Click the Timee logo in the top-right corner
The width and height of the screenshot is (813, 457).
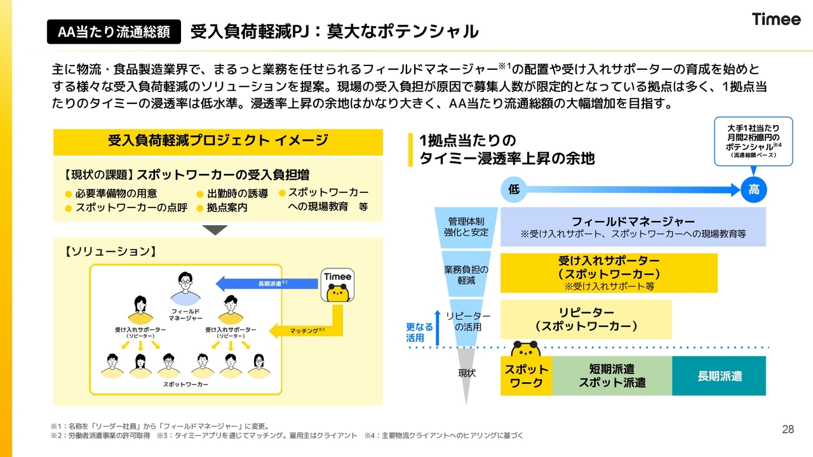pos(776,19)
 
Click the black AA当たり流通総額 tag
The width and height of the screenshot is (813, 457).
pos(114,32)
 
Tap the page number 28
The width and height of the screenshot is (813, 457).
pos(788,430)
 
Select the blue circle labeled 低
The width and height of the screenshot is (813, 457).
pos(514,189)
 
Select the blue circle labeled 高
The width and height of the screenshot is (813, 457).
pos(753,189)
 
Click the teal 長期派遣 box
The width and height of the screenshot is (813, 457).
pos(719,376)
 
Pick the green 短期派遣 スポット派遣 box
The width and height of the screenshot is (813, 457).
pos(612,376)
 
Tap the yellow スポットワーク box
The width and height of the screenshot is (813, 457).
pos(527,376)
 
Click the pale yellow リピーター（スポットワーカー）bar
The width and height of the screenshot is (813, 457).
pos(586,319)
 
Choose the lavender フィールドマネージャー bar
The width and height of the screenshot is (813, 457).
pos(633,227)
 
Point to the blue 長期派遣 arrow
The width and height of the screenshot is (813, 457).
pos(267,284)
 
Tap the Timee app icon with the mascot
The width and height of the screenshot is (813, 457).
pos(337,285)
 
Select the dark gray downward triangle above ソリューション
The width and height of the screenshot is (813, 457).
pos(215,230)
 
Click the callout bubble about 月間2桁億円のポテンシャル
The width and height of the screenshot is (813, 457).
pos(753,142)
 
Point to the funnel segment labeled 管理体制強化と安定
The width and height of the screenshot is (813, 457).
pos(466,227)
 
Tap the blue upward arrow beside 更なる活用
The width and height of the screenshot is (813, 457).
pos(438,328)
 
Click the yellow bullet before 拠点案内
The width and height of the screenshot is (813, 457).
pos(199,209)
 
